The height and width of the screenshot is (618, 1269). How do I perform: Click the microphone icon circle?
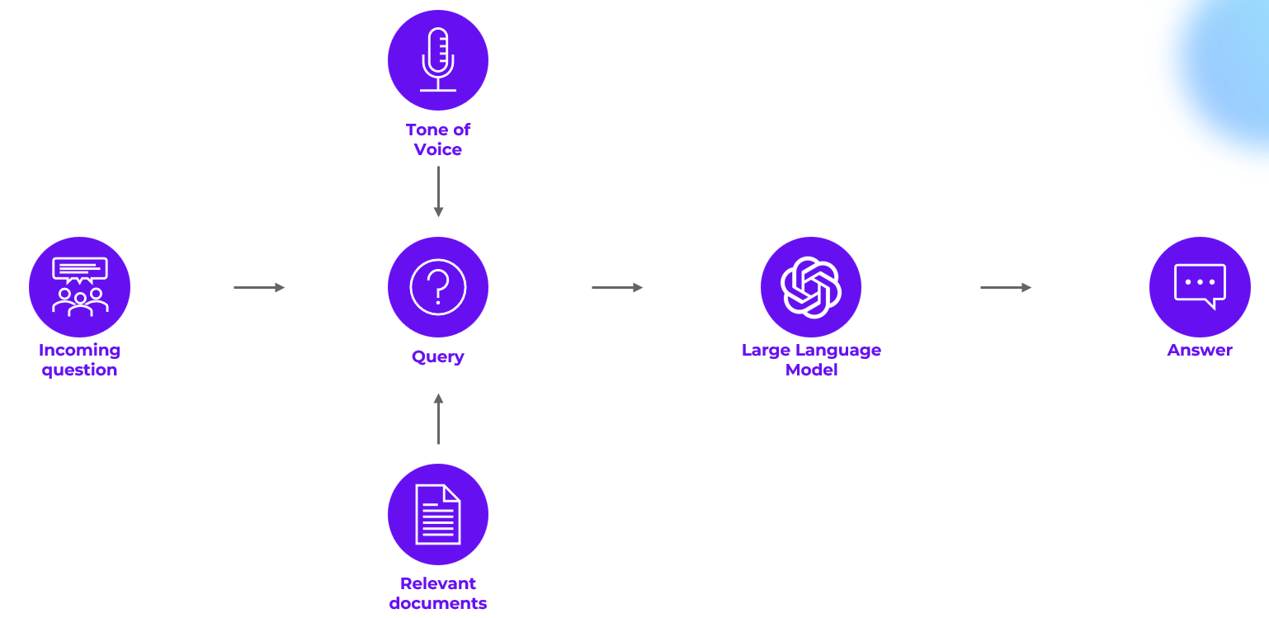tap(438, 60)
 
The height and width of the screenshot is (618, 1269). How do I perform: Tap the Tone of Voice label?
tap(438, 139)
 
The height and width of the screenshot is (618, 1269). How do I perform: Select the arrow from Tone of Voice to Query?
tap(438, 191)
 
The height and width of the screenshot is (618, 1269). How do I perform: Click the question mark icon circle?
tap(438, 287)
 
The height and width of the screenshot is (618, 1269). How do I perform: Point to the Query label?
tap(438, 356)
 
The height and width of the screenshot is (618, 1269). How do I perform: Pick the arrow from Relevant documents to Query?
tap(438, 419)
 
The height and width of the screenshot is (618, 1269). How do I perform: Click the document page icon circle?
tap(438, 514)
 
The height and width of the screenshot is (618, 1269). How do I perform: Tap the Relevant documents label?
tap(438, 593)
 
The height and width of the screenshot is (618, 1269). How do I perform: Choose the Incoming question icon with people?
tap(80, 287)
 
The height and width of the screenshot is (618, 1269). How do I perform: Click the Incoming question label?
tap(80, 360)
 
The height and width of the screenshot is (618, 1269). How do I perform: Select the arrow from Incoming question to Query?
tap(259, 287)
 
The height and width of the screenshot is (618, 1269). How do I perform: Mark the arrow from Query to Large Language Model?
tap(617, 287)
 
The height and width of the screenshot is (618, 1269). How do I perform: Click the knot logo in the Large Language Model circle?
tap(811, 287)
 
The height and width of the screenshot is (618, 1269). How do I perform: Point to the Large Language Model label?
tap(811, 360)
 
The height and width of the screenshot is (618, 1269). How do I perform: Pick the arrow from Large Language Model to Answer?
tap(1006, 287)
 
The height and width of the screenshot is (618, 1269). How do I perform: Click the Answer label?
tap(1200, 350)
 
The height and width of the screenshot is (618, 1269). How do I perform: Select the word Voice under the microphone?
tap(438, 149)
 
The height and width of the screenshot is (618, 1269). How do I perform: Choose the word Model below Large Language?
tap(811, 370)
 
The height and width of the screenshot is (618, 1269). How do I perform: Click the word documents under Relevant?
tap(438, 603)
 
